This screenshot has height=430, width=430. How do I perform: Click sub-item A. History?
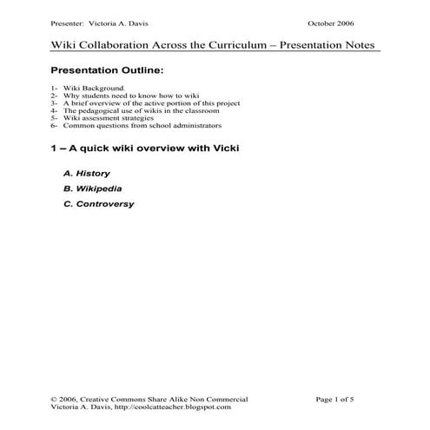[87, 173]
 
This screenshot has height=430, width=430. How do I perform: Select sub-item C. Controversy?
[98, 204]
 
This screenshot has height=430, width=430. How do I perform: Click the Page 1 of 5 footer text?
[334, 399]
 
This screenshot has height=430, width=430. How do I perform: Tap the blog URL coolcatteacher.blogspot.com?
[176, 407]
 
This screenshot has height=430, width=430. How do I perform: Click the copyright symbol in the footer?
[54, 399]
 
